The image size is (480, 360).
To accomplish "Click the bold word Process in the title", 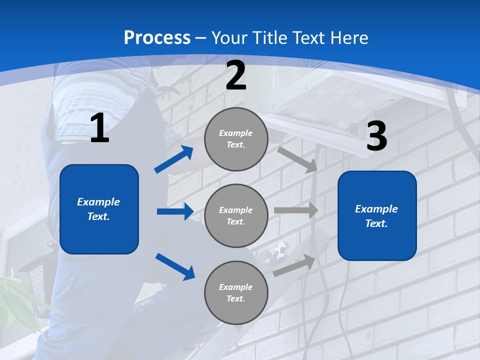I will tap(157, 38).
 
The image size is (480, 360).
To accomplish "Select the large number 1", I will tap(99, 129).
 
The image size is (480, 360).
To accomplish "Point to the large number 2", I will tap(236, 76).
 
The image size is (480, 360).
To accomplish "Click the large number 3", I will tap(376, 136).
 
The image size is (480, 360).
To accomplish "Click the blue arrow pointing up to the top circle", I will tap(173, 159).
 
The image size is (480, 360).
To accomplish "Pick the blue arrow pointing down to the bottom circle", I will tap(175, 266).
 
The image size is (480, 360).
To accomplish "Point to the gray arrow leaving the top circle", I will tap(297, 159).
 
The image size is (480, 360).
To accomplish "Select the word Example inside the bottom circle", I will tap(235, 287).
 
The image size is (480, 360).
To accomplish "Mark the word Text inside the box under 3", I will tap(375, 224).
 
